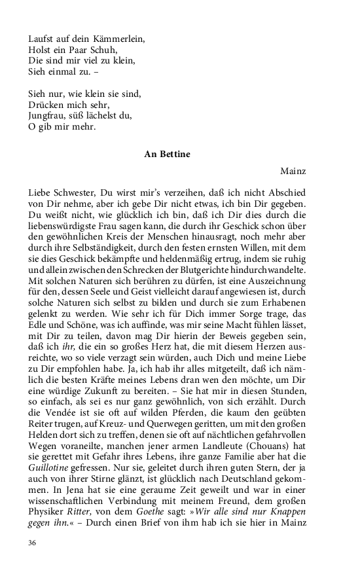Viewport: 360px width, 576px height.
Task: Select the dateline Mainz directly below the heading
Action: (293, 171)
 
